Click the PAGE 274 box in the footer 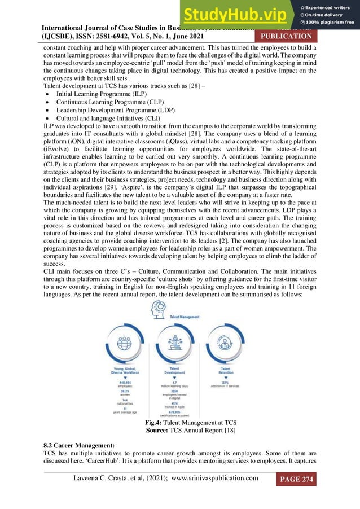296,480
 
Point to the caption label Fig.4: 155,423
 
